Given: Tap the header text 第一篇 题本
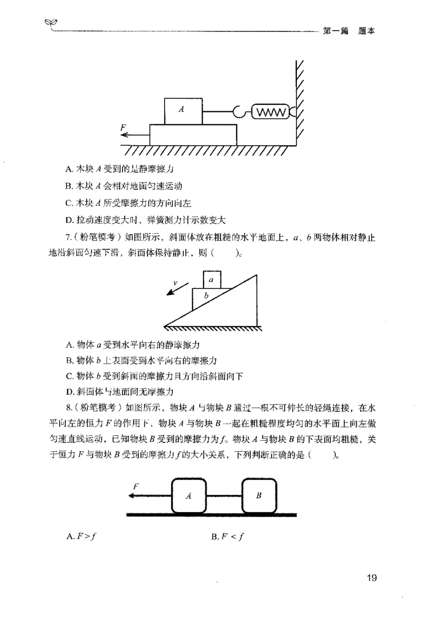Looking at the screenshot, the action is [349, 31].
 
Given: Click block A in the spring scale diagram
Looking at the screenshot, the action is [183, 111].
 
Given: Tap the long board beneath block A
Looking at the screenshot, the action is [193, 135].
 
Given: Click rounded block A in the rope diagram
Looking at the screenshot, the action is [189, 495].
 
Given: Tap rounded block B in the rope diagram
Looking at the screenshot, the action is [259, 495].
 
